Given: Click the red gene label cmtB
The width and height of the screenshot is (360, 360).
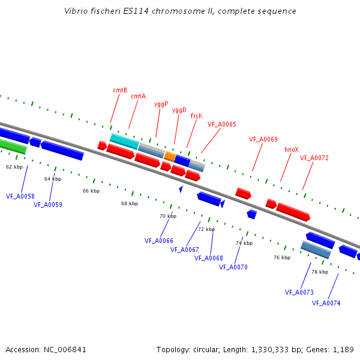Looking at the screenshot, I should pyautogui.click(x=120, y=91).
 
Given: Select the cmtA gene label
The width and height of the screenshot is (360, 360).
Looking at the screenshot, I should pyautogui.click(x=139, y=96).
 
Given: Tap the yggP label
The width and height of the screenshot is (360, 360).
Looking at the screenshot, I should pyautogui.click(x=161, y=104).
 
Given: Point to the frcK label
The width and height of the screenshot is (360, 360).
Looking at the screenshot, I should pyautogui.click(x=196, y=116).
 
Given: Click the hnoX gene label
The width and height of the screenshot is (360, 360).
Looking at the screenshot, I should pyautogui.click(x=292, y=149).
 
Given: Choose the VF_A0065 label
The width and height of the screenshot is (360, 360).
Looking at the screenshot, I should pyautogui.click(x=222, y=125).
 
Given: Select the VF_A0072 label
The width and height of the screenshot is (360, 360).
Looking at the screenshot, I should pyautogui.click(x=314, y=158).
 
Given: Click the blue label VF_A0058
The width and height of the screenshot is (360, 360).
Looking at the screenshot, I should pyautogui.click(x=20, y=196).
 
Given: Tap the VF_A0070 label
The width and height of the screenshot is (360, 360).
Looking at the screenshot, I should pyautogui.click(x=233, y=267).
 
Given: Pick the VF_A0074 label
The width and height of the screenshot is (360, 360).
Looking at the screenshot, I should pyautogui.click(x=326, y=303).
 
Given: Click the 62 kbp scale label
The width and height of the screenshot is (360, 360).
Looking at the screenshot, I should pyautogui.click(x=14, y=167).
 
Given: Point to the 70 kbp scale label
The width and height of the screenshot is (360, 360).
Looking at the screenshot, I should pyautogui.click(x=168, y=216).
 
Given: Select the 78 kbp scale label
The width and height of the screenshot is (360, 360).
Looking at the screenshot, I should pyautogui.click(x=320, y=272).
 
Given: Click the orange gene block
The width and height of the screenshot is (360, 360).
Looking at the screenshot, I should pyautogui.click(x=170, y=157).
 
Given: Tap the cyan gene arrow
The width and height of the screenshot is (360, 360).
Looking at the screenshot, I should pyautogui.click(x=124, y=141).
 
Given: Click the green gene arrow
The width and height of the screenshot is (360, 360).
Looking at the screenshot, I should pyautogui.click(x=12, y=146).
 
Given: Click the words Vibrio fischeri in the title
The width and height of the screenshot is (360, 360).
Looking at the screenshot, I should pyautogui.click(x=90, y=11).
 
